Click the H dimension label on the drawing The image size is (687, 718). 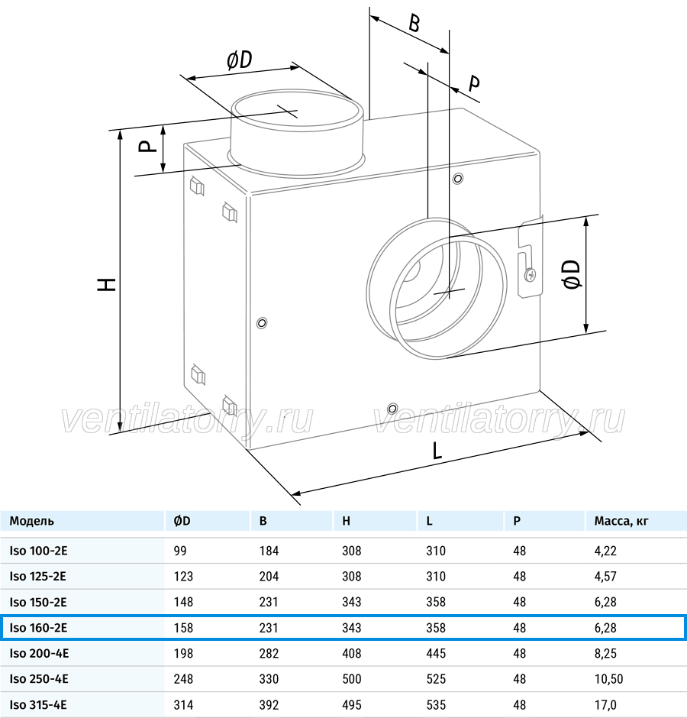coord(107,284)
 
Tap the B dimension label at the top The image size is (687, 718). coord(414,24)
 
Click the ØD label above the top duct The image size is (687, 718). coord(240,60)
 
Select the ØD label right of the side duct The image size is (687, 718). coord(572,274)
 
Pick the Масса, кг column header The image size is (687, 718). coord(621,521)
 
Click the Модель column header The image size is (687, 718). coord(31,521)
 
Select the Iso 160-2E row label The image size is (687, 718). coord(38,628)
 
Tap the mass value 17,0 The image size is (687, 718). coord(605,705)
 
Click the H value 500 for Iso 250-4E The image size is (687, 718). coord(351,679)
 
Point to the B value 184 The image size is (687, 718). coord(269,551)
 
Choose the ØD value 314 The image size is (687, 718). coord(183,705)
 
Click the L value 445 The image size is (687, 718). coord(436,653)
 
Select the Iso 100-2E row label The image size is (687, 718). coord(38,551)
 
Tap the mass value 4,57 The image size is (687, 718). coord(605,577)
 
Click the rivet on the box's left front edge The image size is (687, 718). coord(262,323)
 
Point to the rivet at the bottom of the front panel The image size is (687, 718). coord(392,409)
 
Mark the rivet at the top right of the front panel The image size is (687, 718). coord(458,178)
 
